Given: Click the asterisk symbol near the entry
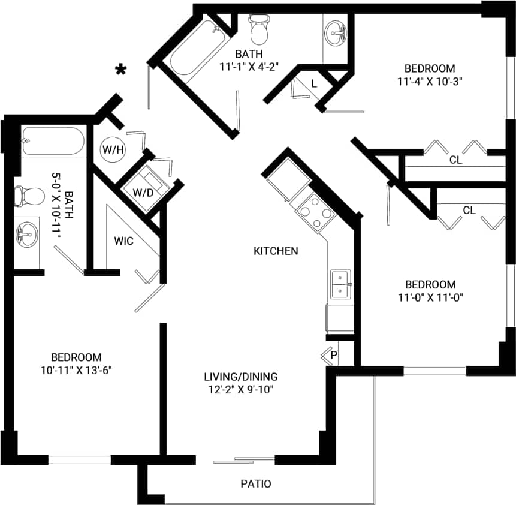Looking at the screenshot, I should coord(121,70).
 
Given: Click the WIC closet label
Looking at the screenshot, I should coord(124,241).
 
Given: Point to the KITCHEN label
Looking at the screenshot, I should coord(276,251).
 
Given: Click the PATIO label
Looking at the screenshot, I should coord(256,483).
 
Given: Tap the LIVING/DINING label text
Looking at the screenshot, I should coord(241,377).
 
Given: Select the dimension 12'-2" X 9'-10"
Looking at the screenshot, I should coord(241,389).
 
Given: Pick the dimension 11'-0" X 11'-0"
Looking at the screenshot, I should coord(430,296).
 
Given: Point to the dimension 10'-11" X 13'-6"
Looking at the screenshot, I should coord(76,369).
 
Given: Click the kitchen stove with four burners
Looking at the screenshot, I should coord(313,211).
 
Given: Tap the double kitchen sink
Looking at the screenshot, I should coord(341,284).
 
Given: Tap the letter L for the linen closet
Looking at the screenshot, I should coord(314,83).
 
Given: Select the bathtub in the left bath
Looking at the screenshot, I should coord(55,142).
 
